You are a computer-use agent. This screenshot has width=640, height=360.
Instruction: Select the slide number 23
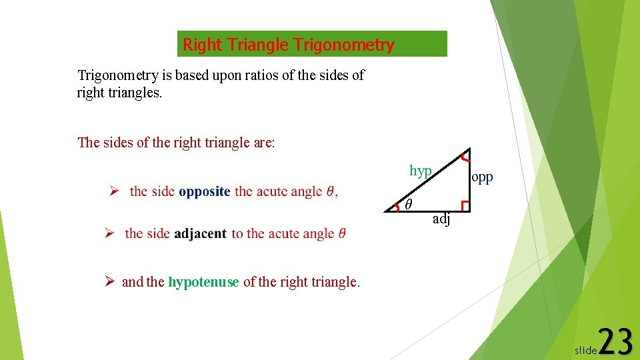pyautogui.click(x=615, y=343)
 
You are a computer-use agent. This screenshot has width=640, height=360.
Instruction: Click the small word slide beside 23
pyautogui.click(x=585, y=350)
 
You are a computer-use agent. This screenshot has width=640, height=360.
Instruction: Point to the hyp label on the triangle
pyautogui.click(x=421, y=171)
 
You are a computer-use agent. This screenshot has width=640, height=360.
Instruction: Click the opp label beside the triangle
pyautogui.click(x=482, y=177)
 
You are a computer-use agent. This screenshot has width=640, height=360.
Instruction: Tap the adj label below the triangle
pyautogui.click(x=441, y=219)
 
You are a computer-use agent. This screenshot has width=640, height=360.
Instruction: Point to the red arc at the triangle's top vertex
pyautogui.click(x=464, y=157)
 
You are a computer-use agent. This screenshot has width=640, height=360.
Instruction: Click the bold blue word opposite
pyautogui.click(x=205, y=191)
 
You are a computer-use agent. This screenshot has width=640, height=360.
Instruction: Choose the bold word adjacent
pyautogui.click(x=200, y=233)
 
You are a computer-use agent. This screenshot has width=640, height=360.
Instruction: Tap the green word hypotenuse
pyautogui.click(x=203, y=282)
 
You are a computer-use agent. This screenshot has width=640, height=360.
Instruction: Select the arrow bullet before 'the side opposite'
pyautogui.click(x=114, y=191)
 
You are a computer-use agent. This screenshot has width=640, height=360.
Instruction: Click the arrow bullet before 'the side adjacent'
pyautogui.click(x=110, y=233)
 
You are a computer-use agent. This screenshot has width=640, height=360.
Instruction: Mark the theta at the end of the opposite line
pyautogui.click(x=331, y=191)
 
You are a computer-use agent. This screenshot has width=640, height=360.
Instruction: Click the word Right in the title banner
pyautogui.click(x=203, y=45)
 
